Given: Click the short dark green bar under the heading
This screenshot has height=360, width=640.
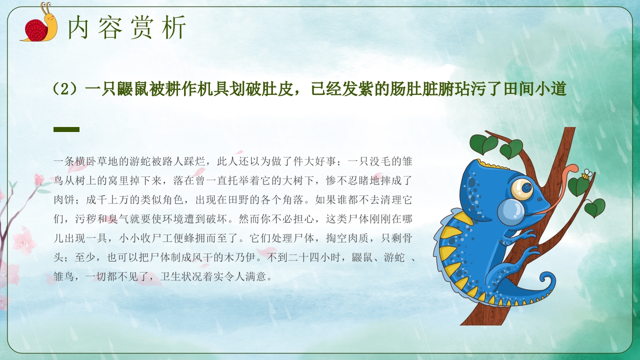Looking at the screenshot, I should (x=66, y=129).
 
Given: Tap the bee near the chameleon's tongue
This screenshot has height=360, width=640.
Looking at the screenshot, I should (x=586, y=174).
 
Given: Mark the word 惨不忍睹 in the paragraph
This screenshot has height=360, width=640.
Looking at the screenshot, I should (x=340, y=181).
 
